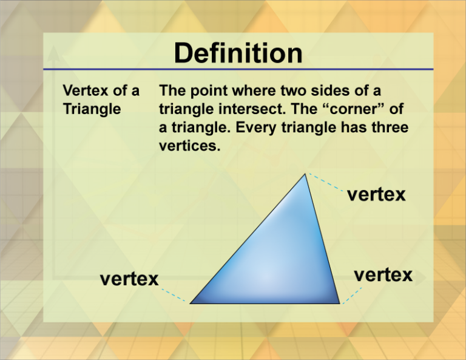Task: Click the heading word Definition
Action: pyautogui.click(x=238, y=53)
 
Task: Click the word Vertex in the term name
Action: pyautogui.click(x=82, y=91)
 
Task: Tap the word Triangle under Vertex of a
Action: pyautogui.click(x=92, y=109)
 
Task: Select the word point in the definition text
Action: pyautogui.click(x=206, y=91)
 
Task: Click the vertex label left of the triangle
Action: pyautogui.click(x=129, y=279)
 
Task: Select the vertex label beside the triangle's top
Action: pyautogui.click(x=376, y=194)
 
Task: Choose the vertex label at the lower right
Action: pyautogui.click(x=383, y=274)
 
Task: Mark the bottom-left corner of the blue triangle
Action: pyautogui.click(x=191, y=302)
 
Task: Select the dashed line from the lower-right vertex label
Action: pyautogui.click(x=353, y=294)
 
